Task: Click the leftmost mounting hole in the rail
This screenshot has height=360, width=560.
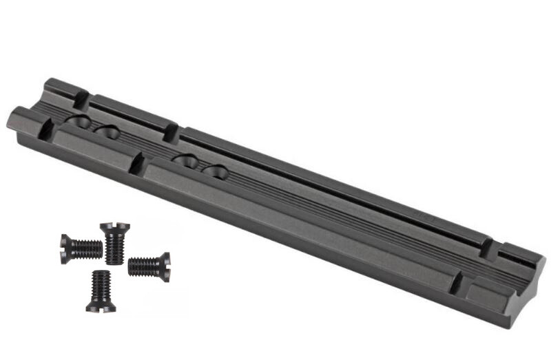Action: (x=78, y=124)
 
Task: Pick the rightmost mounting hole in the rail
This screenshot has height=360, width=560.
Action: (x=214, y=171)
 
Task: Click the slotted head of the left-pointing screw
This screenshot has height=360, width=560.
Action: (x=64, y=248)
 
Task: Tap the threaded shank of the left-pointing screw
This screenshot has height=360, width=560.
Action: (x=86, y=248)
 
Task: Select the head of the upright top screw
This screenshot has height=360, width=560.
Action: (x=114, y=227)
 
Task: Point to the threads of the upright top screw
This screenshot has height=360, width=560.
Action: (x=114, y=247)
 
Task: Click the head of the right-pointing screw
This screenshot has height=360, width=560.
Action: (x=164, y=266)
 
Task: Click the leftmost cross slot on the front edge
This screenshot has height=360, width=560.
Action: (x=46, y=128)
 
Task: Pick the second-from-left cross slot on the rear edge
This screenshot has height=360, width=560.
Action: (x=171, y=131)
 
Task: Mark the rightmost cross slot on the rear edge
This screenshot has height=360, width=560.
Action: (x=488, y=247)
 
